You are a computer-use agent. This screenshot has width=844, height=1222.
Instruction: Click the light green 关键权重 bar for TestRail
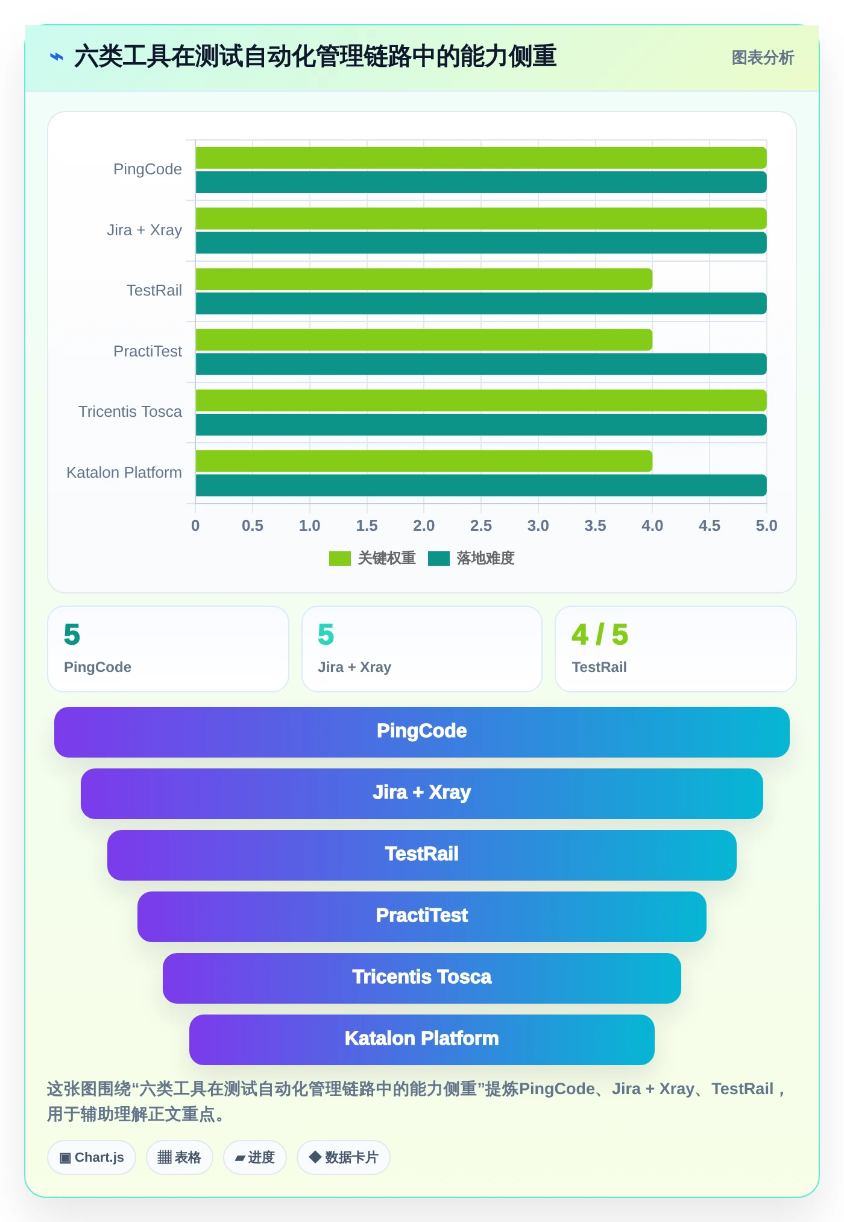click(424, 279)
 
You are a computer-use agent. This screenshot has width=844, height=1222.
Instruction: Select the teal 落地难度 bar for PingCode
click(481, 182)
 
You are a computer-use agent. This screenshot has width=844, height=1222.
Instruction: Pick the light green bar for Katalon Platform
click(424, 461)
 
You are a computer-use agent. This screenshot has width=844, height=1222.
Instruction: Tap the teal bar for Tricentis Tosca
click(481, 425)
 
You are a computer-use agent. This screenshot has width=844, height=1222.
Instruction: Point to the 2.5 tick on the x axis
click(481, 525)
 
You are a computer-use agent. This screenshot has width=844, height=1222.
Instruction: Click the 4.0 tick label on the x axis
click(652, 525)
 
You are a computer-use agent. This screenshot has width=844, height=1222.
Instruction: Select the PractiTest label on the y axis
click(148, 351)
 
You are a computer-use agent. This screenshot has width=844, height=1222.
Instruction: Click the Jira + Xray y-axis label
click(145, 230)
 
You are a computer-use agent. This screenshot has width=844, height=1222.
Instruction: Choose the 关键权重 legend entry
click(373, 558)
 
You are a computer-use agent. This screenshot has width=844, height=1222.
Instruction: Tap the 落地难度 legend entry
click(471, 558)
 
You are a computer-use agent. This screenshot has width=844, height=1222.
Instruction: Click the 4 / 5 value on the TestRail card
click(600, 635)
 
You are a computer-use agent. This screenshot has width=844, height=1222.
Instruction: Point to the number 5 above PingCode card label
click(72, 635)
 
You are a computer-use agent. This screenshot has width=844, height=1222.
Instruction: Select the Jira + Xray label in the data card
click(354, 667)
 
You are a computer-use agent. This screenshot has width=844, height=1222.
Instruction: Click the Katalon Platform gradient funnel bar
click(422, 1039)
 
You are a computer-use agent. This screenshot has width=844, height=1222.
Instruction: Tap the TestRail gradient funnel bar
click(422, 855)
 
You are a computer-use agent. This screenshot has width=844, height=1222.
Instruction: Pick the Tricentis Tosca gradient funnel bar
click(422, 978)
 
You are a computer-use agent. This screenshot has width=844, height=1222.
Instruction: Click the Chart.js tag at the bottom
click(92, 1157)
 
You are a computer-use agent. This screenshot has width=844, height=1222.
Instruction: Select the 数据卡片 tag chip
click(344, 1157)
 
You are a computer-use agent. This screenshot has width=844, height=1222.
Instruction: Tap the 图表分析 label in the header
click(763, 58)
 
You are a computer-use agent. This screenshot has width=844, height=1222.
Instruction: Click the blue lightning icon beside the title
click(57, 57)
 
